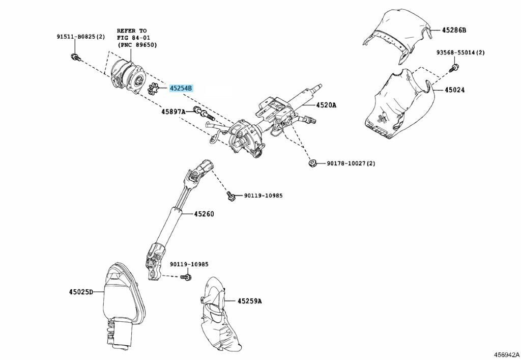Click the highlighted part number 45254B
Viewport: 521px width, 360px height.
(181, 88)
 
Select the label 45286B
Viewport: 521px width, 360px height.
(454, 30)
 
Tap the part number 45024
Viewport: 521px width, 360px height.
(454, 90)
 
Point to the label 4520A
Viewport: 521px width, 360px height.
(326, 105)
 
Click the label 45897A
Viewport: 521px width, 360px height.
(173, 112)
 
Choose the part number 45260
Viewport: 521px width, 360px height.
(204, 214)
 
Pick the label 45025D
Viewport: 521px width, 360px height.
(81, 292)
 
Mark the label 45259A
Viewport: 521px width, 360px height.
(249, 301)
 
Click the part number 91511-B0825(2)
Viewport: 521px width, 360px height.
(80, 37)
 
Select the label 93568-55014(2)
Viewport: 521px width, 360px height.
(460, 52)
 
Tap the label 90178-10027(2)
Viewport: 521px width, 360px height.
(351, 163)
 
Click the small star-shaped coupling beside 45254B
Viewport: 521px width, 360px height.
(153, 89)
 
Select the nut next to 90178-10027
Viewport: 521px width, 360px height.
(312, 163)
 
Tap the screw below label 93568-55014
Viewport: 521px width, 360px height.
(453, 68)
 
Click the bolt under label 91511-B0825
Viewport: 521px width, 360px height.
(75, 57)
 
